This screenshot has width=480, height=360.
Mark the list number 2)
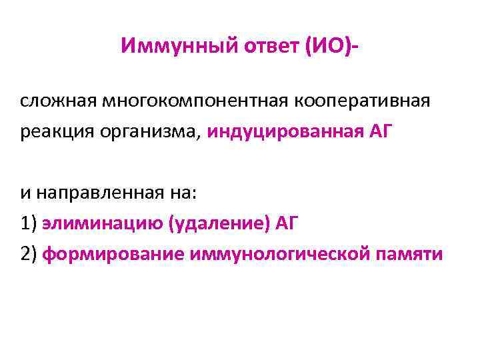coord(29,254)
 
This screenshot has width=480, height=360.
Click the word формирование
coord(113,254)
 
